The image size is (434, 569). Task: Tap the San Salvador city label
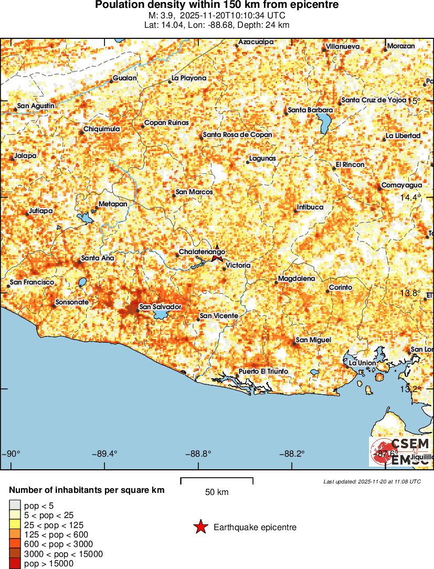[x=160, y=307]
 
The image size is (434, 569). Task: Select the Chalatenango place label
[x=202, y=252]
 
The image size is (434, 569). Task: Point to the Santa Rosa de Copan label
[x=237, y=135]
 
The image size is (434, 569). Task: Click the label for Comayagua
[x=401, y=185]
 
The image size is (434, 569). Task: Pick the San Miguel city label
[x=313, y=340]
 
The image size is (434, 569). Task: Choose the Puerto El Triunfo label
[x=263, y=372]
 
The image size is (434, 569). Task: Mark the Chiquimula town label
[x=102, y=129]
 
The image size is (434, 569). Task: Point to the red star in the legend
[x=200, y=527]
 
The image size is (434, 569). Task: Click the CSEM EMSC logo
[x=401, y=451]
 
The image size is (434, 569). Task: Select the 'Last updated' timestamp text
[x=372, y=481]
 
